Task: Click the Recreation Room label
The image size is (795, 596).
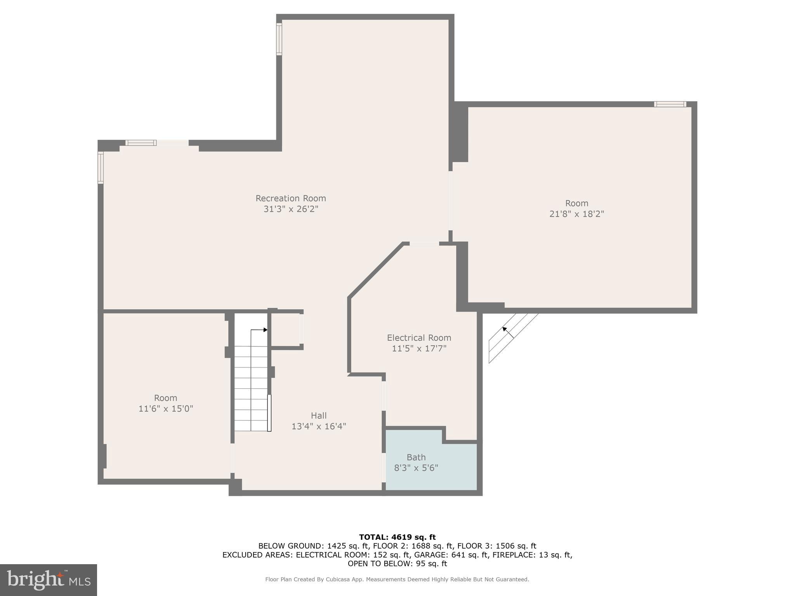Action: (290, 198)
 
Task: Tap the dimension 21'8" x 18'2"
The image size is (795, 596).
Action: (576, 214)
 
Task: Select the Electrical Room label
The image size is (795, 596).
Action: (419, 338)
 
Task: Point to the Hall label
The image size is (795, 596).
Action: (319, 416)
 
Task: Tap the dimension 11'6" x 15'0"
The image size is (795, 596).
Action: (166, 409)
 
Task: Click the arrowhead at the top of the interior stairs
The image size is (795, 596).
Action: (266, 330)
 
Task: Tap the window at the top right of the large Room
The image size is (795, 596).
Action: (670, 104)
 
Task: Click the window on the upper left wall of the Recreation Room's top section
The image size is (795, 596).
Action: (279, 39)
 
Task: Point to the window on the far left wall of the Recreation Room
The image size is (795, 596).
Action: (101, 168)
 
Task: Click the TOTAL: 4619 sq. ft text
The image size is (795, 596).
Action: (397, 537)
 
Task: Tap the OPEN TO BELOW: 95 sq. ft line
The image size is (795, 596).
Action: (397, 564)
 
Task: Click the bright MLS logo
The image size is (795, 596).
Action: (49, 580)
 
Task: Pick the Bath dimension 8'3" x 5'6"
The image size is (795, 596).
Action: (416, 468)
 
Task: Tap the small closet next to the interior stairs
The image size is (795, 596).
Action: (285, 329)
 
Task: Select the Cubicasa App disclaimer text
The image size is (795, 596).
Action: (397, 579)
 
